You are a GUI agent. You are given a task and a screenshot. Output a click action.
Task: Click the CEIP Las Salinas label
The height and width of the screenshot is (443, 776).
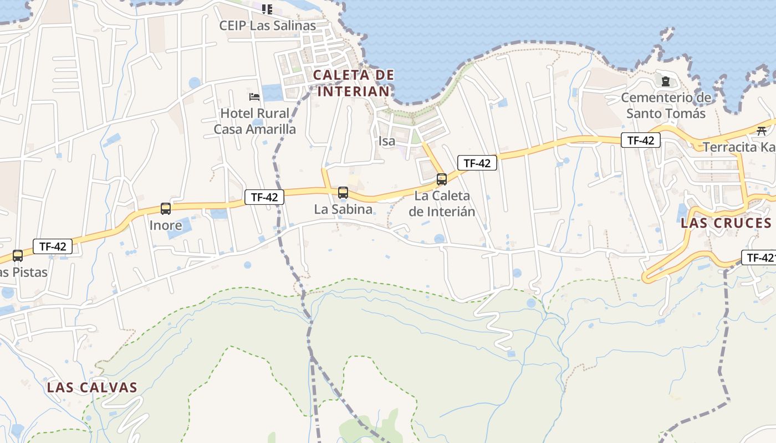tap(267, 25)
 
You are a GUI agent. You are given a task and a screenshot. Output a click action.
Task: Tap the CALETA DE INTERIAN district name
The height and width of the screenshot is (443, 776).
tap(354, 83)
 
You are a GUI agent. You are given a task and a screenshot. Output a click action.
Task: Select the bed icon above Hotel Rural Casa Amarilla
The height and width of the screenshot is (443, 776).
tap(254, 97)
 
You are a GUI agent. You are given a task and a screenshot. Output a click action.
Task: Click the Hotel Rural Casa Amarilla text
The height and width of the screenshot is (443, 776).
tap(255, 121)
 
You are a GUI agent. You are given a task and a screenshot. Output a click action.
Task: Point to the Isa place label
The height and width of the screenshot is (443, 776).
tap(387, 141)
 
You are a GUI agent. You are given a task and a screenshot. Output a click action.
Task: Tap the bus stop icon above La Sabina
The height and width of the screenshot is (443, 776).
tap(343, 193)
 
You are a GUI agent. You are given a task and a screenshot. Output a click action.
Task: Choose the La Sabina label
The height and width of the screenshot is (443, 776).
tap(343, 209)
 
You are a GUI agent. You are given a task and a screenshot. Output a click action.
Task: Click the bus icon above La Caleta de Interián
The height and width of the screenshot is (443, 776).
tap(442, 179)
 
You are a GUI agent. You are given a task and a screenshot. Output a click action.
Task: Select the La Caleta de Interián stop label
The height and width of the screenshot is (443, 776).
tap(442, 203)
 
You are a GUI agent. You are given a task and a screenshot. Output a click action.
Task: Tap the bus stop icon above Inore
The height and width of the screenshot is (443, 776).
tap(166, 209)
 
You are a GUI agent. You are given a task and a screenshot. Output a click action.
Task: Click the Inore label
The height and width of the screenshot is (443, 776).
tap(166, 225)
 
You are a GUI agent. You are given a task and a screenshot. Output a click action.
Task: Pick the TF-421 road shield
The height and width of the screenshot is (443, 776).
tap(758, 257)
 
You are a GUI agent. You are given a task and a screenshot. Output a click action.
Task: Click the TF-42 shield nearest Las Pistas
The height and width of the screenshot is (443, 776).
tap(53, 246)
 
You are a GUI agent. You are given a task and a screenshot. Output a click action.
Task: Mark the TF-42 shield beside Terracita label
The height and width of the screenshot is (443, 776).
tap(641, 141)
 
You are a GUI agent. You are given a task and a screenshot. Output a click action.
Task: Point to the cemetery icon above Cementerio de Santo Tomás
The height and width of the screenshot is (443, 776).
tap(666, 81)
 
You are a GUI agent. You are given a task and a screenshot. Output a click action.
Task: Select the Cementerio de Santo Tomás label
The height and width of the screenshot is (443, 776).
tap(666, 105)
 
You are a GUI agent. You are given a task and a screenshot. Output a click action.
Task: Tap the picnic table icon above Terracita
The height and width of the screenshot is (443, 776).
tap(762, 131)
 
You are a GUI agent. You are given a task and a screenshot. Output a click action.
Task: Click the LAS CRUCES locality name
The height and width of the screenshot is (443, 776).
tap(726, 223)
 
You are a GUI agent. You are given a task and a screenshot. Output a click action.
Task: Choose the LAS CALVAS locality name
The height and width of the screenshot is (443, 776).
tap(92, 387)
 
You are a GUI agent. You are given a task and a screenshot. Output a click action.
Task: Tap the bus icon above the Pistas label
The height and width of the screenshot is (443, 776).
tap(18, 256)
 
